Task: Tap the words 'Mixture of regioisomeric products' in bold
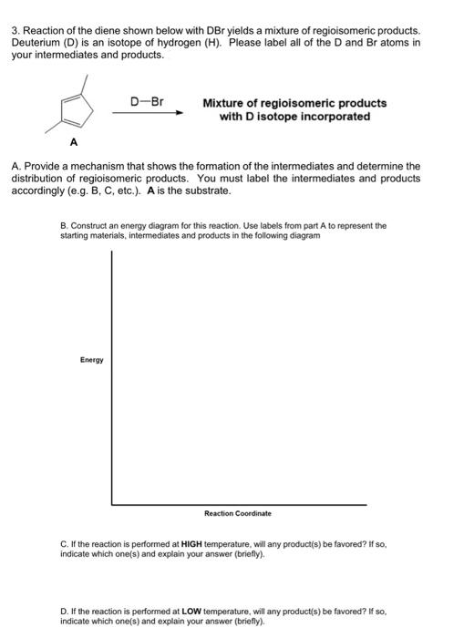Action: tap(294, 103)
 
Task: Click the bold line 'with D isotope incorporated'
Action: tap(294, 117)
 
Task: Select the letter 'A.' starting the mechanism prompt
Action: tap(15, 167)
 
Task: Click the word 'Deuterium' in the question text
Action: tap(37, 44)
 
